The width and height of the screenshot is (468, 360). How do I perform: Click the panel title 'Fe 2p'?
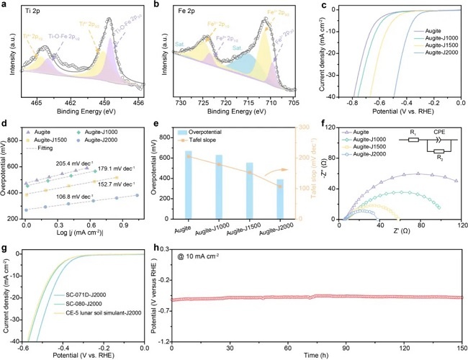click(189, 10)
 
